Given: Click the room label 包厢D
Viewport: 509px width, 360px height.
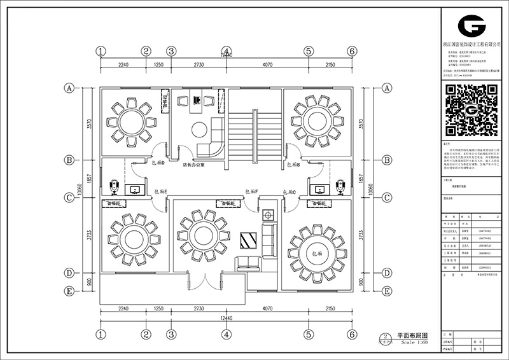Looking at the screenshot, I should (159, 163).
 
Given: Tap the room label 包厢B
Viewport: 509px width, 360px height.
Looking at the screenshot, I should (293, 165).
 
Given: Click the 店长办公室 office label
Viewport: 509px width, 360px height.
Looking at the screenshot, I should (192, 164).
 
